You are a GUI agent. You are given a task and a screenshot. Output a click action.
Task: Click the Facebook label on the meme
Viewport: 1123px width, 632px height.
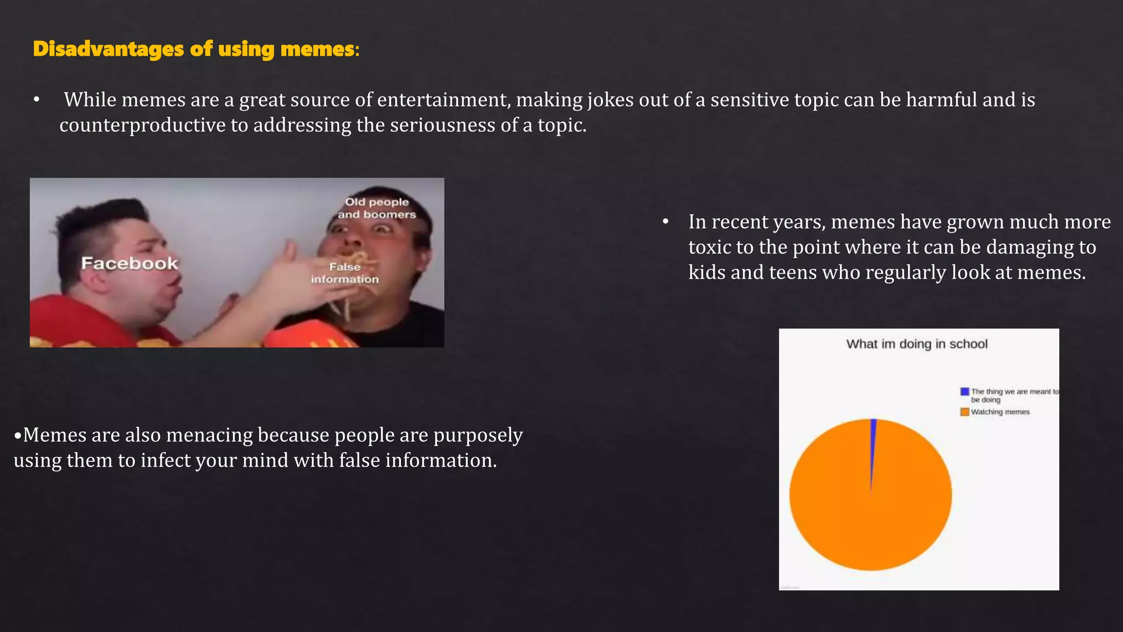pos(129,264)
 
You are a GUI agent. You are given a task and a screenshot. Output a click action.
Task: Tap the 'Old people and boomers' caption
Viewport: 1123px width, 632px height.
pos(377,208)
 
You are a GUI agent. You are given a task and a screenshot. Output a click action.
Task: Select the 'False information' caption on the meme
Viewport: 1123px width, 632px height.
pos(345,273)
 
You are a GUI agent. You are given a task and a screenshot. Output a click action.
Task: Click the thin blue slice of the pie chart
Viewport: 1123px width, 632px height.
pos(873,439)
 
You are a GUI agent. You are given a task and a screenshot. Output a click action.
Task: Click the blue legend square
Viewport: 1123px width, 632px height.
pos(965,392)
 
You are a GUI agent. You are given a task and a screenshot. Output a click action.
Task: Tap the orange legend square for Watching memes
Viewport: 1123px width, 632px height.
pos(965,412)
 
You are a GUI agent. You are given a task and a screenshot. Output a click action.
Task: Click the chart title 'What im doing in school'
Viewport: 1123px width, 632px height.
pos(917,344)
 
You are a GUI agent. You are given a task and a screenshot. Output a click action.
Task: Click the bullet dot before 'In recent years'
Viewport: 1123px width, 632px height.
pos(666,222)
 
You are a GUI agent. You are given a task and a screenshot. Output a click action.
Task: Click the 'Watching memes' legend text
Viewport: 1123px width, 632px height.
pos(1000,412)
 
